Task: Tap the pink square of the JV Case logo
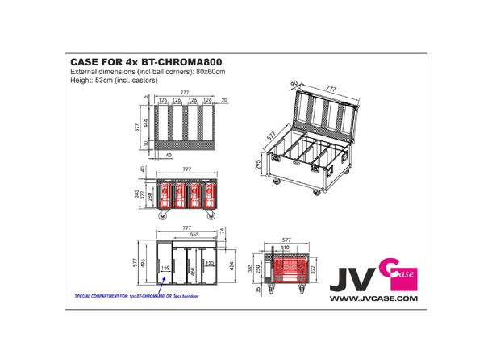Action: pyautogui.click(x=402, y=272)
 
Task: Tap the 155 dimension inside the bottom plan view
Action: pyautogui.click(x=210, y=261)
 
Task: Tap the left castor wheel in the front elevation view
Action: pyautogui.click(x=162, y=216)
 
